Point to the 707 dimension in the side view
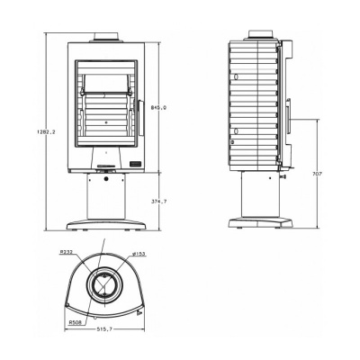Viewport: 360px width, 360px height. (317, 174)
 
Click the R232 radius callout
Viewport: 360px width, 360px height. (67, 252)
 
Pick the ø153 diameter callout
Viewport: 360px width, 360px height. (139, 254)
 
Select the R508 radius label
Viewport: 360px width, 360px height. (75, 322)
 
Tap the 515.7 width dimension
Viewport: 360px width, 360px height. (104, 328)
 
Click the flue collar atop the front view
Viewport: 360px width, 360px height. (106, 38)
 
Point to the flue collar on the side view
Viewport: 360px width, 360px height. (261, 35)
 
